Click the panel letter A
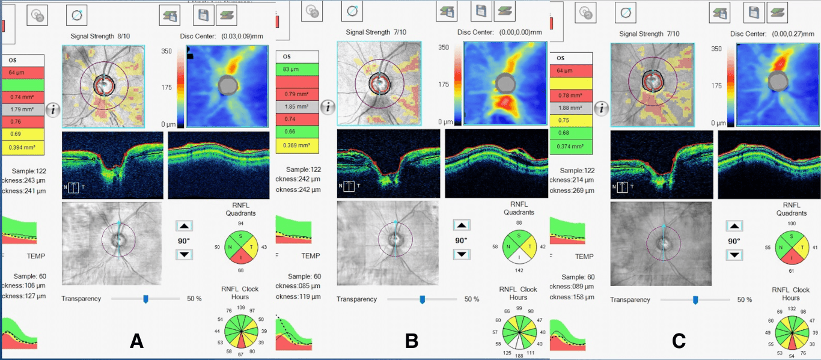(136, 341)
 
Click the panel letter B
(412, 341)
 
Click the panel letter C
(679, 341)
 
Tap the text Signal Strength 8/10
(97, 37)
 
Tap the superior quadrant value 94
(241, 223)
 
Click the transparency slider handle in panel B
(422, 299)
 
